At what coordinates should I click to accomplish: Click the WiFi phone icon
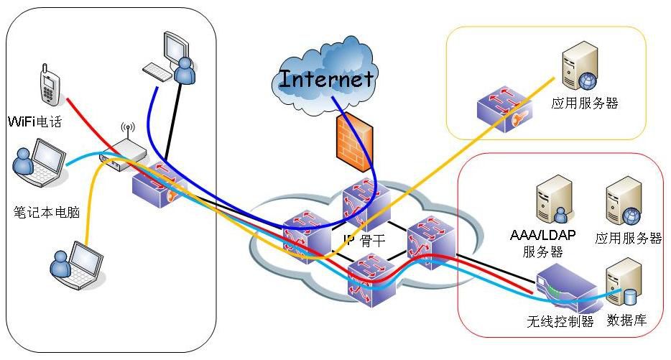(48, 87)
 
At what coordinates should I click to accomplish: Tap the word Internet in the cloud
(327, 78)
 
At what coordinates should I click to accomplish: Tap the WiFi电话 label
(34, 121)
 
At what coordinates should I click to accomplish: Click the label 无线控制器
(560, 321)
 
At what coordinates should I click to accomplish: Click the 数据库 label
(627, 320)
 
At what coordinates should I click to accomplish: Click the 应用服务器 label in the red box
(628, 239)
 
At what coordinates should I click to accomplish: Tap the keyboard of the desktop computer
(159, 70)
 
